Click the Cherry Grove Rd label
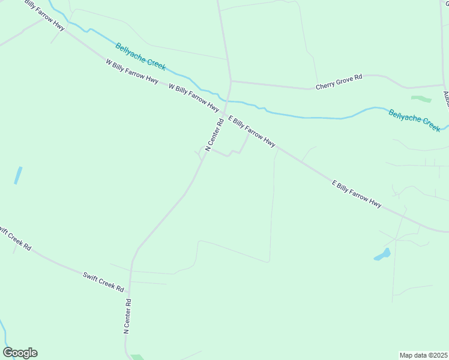340,82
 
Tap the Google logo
20,353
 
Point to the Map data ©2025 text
423,355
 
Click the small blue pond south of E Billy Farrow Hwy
382,255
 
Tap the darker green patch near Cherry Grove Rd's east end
421,98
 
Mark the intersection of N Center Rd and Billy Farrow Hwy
224,113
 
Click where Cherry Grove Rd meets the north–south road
231,80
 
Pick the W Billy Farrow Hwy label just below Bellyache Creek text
131,71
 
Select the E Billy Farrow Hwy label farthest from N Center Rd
357,194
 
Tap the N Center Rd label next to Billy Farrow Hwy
214,134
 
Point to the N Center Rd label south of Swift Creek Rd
127,315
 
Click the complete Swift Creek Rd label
103,280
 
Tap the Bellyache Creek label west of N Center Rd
140,56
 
